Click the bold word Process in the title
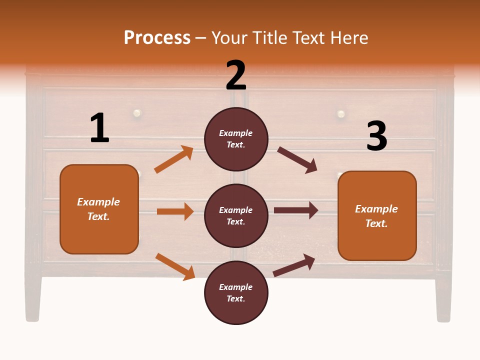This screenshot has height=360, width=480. tap(157, 37)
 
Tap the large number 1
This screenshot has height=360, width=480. tap(99, 128)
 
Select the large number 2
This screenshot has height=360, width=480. tap(236, 75)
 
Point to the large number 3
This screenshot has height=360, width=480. tap(376, 136)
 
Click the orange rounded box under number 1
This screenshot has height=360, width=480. tap(99, 209)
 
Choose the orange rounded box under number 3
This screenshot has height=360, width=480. tap(377, 215)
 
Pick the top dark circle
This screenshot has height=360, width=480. tap(236, 138)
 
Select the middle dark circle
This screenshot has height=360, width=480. tap(236, 215)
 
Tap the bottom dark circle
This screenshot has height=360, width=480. tap(236, 292)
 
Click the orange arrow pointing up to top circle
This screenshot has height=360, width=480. tap(174, 159)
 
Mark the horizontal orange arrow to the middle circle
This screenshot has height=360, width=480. tap(175, 211)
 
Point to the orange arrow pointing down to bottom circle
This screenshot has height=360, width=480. tap(175, 266)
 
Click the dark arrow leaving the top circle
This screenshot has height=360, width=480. tap(297, 160)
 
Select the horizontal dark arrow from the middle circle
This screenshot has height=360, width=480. tap(296, 210)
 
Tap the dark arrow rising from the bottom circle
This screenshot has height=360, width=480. tap(294, 265)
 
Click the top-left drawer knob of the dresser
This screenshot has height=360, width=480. tap(136, 113)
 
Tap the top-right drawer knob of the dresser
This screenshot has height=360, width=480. tap(341, 114)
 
